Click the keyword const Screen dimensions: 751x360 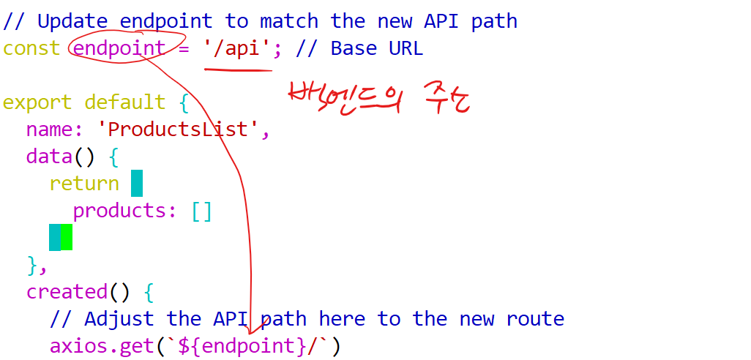click(x=31, y=48)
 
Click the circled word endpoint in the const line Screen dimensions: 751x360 click(x=119, y=48)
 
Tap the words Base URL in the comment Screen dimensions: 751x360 click(x=376, y=48)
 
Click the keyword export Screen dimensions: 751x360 click(x=37, y=102)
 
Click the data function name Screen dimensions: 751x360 click(x=50, y=157)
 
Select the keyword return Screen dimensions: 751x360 click(x=84, y=183)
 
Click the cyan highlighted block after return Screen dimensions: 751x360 click(x=137, y=183)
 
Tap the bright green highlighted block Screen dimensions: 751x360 click(x=67, y=237)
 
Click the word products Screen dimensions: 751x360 click(x=119, y=211)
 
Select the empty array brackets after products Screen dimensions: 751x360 click(x=201, y=211)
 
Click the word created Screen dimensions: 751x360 click(x=67, y=291)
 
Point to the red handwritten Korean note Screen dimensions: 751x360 click(x=378, y=99)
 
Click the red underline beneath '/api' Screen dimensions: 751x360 click(x=238, y=70)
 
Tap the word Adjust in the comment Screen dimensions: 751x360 click(x=119, y=318)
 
